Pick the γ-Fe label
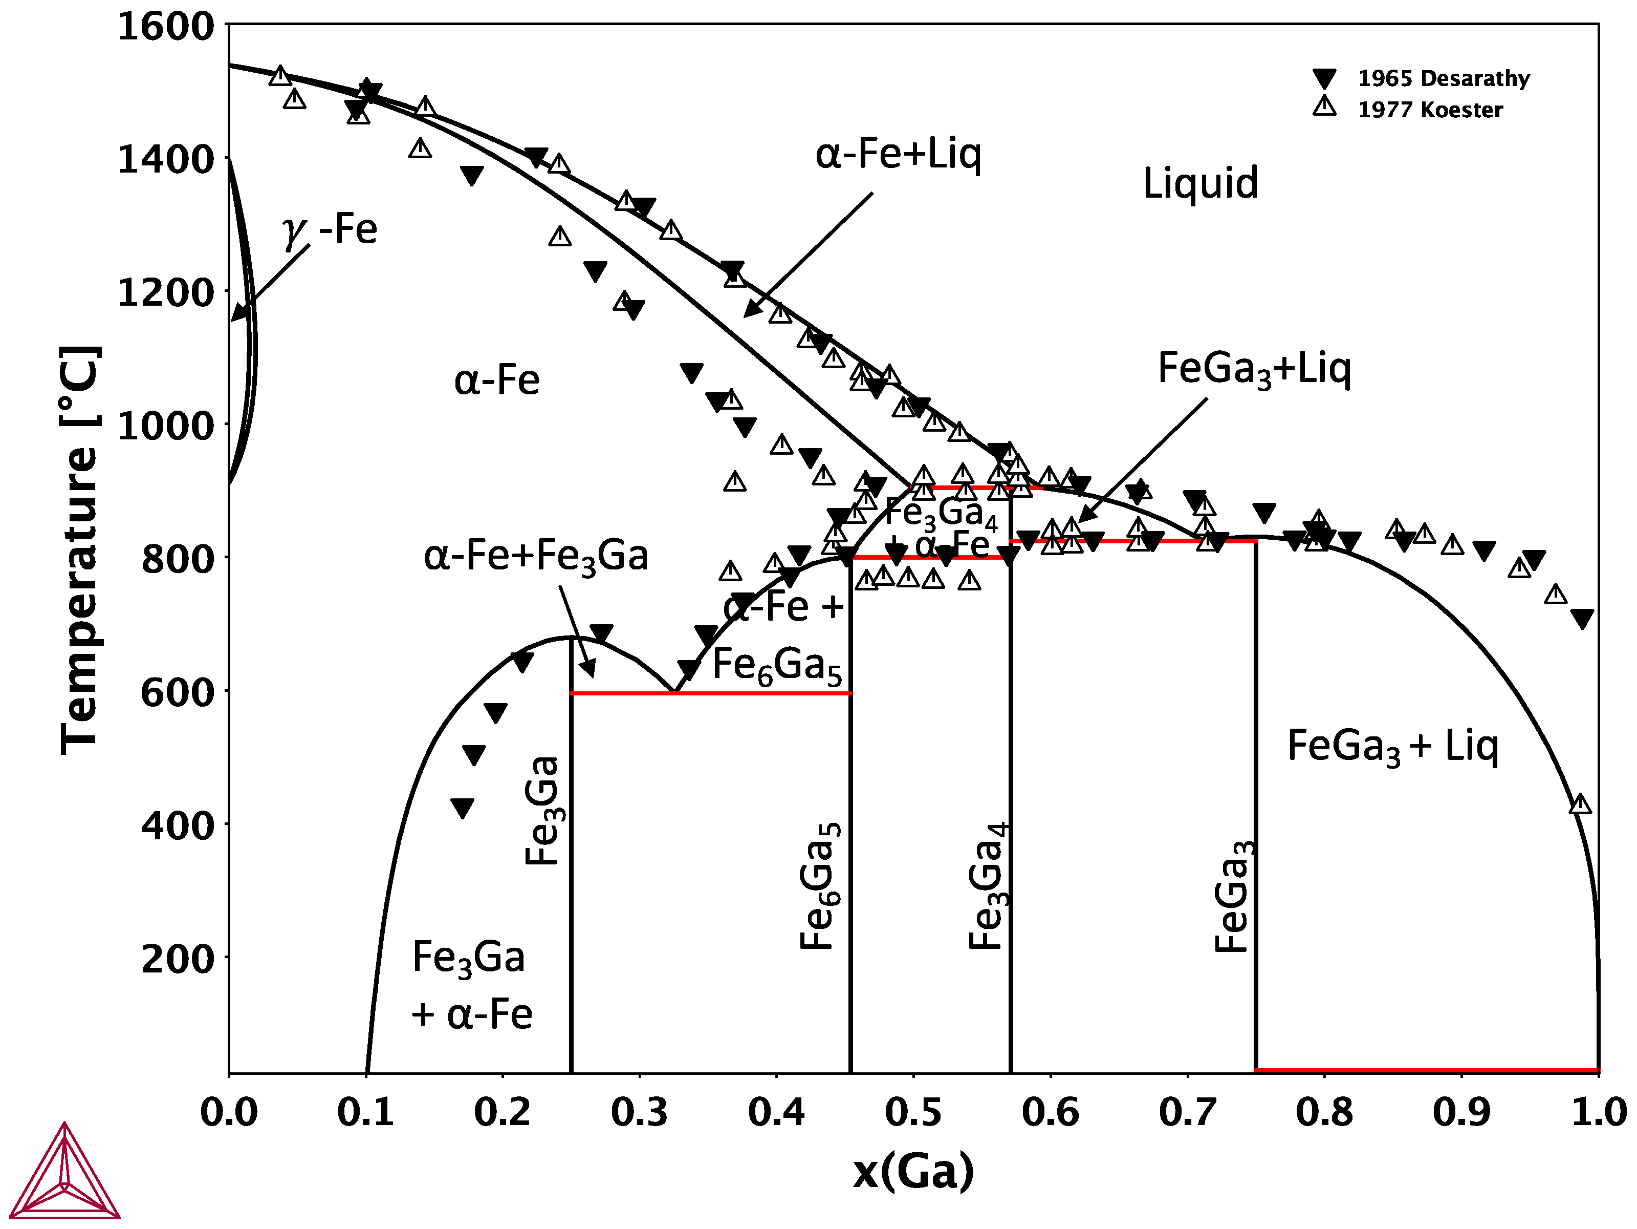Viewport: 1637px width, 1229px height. coord(330,229)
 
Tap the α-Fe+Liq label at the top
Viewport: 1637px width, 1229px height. coord(898,154)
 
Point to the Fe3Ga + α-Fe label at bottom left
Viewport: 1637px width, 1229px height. coord(471,985)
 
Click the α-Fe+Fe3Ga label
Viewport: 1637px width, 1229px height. coord(535,556)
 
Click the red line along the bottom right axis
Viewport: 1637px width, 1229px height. coord(1426,1071)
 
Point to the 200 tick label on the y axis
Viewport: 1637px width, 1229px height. coord(177,960)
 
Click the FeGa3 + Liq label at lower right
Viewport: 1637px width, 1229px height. coord(1392,746)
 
